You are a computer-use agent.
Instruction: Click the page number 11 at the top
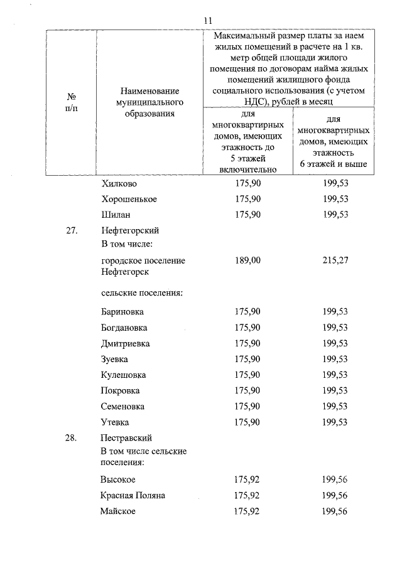click(209, 20)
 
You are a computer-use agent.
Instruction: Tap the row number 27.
click(71, 230)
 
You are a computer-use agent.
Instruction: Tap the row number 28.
click(71, 438)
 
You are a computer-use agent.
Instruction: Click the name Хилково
click(119, 184)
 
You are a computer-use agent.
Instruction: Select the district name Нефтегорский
click(131, 230)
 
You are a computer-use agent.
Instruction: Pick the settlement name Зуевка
click(114, 360)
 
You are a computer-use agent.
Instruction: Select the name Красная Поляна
click(133, 495)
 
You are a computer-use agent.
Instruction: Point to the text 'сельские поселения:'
click(141, 292)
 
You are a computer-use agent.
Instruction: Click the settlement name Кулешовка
click(123, 375)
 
